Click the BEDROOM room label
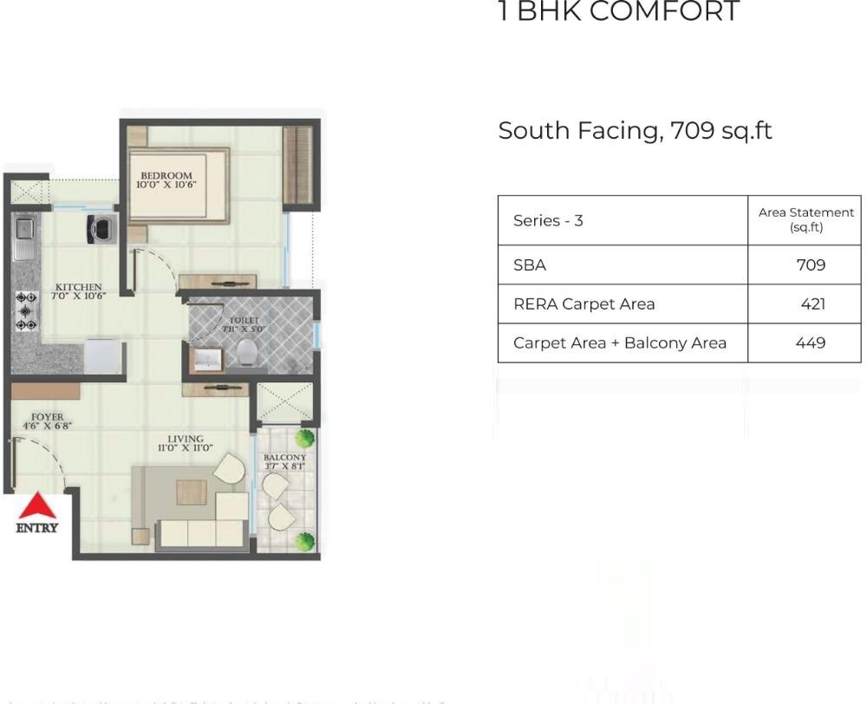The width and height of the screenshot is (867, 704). point(166,176)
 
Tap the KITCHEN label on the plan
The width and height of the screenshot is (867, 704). point(78,288)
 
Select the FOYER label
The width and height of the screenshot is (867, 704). point(47,418)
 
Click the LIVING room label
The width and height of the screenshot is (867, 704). point(186,440)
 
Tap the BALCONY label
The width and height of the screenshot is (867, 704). point(284,458)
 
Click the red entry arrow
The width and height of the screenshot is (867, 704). point(37,506)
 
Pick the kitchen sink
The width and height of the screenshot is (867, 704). point(24,229)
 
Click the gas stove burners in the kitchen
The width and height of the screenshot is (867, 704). point(26,310)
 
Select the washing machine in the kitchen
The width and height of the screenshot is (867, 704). point(102,228)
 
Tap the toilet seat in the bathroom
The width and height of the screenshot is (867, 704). point(248,352)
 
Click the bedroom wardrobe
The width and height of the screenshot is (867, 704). point(297,167)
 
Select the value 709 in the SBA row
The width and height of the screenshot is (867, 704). point(811,265)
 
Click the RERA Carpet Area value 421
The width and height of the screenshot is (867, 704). point(813,304)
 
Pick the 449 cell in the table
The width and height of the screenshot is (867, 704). point(811,342)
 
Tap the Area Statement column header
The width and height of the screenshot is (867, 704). point(805,219)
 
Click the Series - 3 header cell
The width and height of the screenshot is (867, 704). point(548,220)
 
